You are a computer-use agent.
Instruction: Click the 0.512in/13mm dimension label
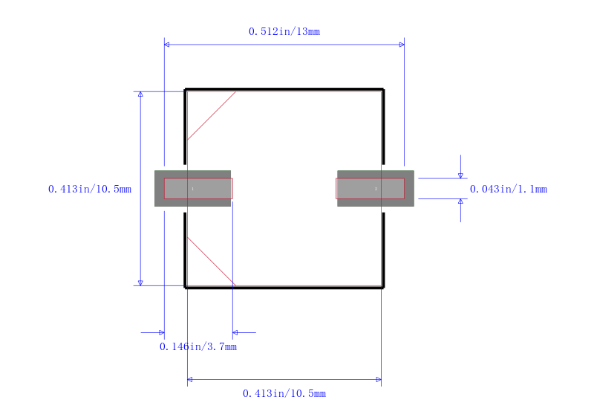tap(284, 31)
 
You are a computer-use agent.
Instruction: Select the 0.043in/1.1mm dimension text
tap(509, 189)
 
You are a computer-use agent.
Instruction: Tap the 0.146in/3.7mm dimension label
tap(198, 346)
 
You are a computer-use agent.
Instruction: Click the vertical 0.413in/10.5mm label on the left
tap(90, 189)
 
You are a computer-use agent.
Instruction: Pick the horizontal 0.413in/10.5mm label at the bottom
tap(284, 393)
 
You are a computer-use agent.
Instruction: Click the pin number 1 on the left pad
tap(193, 189)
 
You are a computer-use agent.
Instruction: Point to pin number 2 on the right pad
tap(376, 189)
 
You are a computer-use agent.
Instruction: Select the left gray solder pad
tap(193, 188)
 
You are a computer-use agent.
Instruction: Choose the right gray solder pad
tap(376, 188)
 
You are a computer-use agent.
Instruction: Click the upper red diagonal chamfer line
tap(212, 116)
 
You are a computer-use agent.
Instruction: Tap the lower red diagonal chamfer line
tap(212, 261)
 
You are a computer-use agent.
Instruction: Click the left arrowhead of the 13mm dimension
tap(166, 45)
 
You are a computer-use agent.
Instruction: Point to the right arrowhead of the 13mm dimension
tap(402, 45)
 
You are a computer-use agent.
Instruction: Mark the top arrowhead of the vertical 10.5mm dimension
tap(140, 94)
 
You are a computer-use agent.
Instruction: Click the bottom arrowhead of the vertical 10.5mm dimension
tap(140, 283)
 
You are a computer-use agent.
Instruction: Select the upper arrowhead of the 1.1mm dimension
tap(460, 176)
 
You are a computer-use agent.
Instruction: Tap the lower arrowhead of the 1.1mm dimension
tap(460, 201)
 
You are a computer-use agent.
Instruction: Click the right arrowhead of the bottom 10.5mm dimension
tap(379, 380)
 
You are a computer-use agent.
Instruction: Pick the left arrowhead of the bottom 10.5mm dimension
tap(190, 380)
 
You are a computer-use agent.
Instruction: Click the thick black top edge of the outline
tap(284, 89)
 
